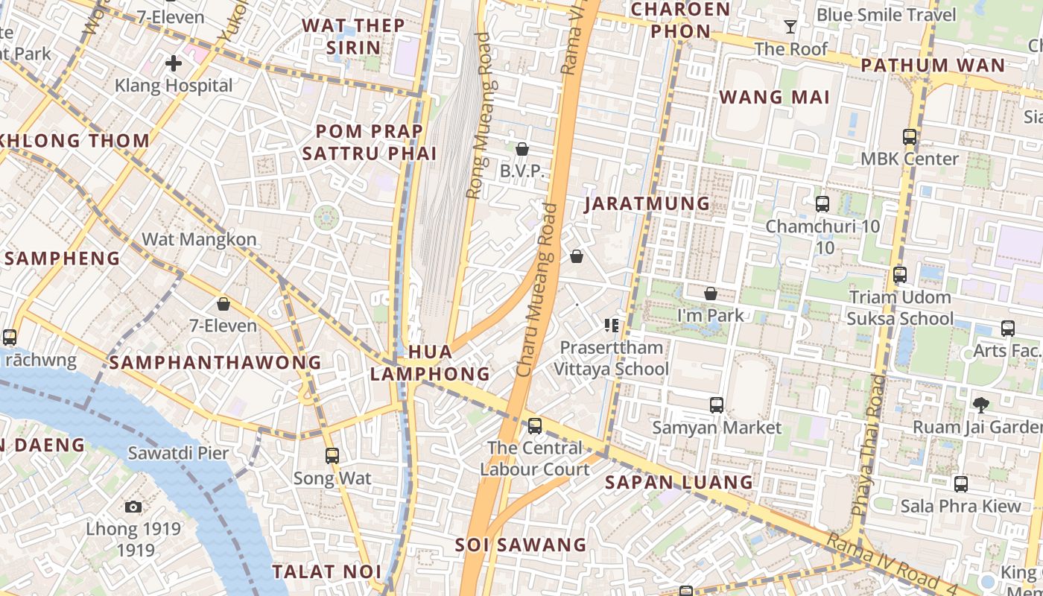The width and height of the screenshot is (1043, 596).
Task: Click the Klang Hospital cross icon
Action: (x=173, y=63)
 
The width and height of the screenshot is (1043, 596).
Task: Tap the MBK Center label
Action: (x=910, y=159)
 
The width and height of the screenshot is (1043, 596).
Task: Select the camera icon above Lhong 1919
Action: (x=133, y=507)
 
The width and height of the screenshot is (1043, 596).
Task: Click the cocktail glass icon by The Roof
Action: (x=790, y=28)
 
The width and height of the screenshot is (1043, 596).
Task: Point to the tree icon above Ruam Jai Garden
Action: (x=981, y=405)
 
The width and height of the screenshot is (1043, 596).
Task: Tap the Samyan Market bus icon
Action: (x=717, y=405)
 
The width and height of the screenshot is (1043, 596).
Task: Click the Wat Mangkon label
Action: (x=199, y=239)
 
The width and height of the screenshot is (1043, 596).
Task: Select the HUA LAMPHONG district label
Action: (x=430, y=363)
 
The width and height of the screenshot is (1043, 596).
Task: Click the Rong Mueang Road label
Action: (x=478, y=115)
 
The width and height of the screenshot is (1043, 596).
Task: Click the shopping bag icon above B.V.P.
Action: (x=522, y=149)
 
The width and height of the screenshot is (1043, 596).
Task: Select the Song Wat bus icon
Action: (x=332, y=455)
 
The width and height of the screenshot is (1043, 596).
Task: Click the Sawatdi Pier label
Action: (x=178, y=452)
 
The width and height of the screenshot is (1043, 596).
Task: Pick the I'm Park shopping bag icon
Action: (x=711, y=294)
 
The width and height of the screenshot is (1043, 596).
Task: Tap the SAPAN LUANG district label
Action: (x=679, y=482)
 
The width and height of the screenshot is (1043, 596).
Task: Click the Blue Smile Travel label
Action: (x=886, y=15)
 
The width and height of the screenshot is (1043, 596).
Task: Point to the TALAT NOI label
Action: (x=326, y=571)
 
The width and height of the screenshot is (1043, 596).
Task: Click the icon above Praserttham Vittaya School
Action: (x=612, y=325)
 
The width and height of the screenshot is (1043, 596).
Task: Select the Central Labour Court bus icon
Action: (x=535, y=426)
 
